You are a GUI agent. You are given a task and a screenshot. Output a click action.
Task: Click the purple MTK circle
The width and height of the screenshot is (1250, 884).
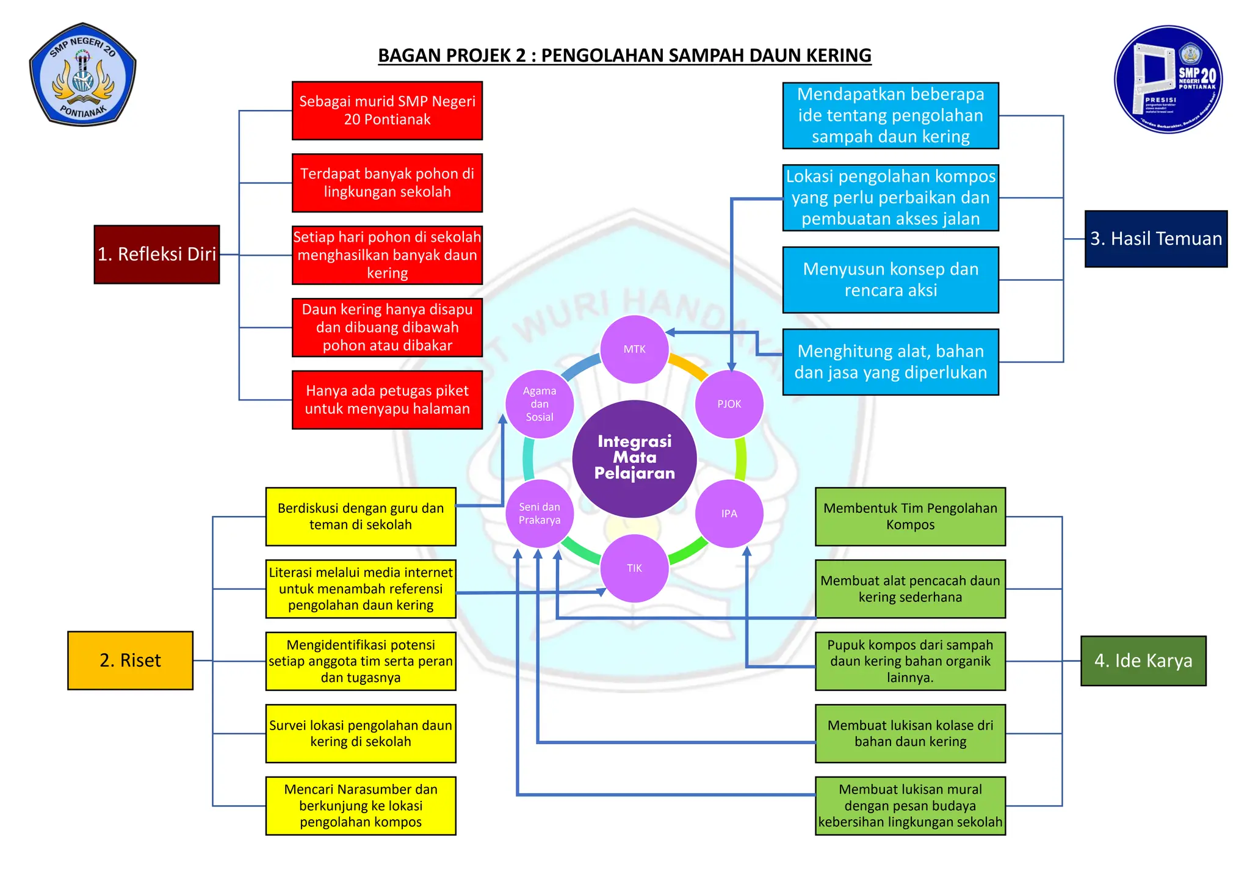tap(634, 349)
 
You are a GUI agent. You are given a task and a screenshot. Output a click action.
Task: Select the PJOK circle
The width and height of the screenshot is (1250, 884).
tap(729, 404)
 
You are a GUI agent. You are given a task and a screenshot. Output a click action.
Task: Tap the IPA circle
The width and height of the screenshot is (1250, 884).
tap(729, 513)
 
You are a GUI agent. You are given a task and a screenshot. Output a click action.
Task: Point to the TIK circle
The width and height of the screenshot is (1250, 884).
tap(634, 568)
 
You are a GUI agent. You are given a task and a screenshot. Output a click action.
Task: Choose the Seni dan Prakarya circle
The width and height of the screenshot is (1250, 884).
tap(540, 513)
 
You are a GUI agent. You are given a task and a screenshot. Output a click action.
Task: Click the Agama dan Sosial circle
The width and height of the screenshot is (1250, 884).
tap(540, 404)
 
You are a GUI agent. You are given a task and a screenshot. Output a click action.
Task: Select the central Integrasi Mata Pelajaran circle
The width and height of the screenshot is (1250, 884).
tap(634, 458)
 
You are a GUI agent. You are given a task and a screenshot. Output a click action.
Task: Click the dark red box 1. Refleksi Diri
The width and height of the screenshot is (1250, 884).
tap(157, 254)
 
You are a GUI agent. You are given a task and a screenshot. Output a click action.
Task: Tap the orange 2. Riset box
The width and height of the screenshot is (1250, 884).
tap(130, 660)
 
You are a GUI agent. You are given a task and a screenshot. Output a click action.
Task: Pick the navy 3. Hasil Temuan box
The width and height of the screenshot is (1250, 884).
tap(1155, 239)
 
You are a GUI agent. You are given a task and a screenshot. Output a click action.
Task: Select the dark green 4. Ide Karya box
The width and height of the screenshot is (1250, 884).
tap(1143, 661)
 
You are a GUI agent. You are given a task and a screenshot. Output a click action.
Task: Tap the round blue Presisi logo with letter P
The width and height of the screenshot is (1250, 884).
tap(1168, 79)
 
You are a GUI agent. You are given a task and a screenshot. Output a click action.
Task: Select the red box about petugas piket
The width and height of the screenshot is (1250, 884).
tap(387, 400)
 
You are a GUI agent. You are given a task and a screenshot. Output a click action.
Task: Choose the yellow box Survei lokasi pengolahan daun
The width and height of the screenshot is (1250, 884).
tap(360, 733)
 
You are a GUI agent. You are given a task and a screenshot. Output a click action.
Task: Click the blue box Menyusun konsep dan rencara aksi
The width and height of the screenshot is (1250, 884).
tap(890, 280)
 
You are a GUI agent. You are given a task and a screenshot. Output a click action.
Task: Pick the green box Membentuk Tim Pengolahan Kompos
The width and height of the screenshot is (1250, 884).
tap(909, 516)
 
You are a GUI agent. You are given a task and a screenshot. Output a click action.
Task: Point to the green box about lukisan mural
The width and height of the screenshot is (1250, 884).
tap(909, 805)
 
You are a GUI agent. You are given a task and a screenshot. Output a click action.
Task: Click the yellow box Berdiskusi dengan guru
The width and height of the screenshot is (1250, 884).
tap(360, 516)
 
